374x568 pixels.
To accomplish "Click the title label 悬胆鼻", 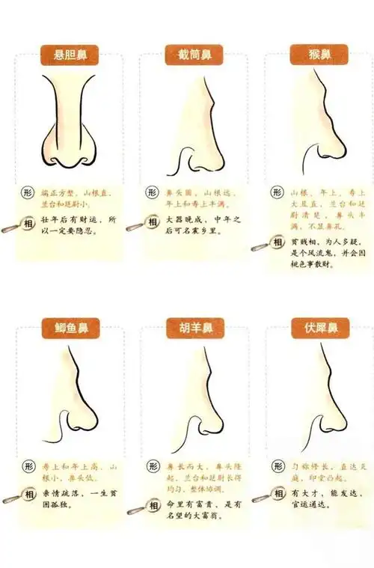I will pyautogui.click(x=70, y=55).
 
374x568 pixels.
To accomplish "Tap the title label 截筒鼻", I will pyautogui.click(x=194, y=55).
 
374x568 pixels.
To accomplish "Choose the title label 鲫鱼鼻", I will pyautogui.click(x=70, y=328).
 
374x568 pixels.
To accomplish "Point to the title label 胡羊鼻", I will pyautogui.click(x=194, y=328).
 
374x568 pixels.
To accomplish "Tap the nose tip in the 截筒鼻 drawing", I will pyautogui.click(x=216, y=153).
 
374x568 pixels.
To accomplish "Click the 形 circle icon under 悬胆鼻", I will pyautogui.click(x=28, y=192).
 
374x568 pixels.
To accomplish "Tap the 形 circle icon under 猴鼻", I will pyautogui.click(x=277, y=192).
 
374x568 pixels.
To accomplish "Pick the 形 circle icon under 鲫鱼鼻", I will pyautogui.click(x=28, y=465).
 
